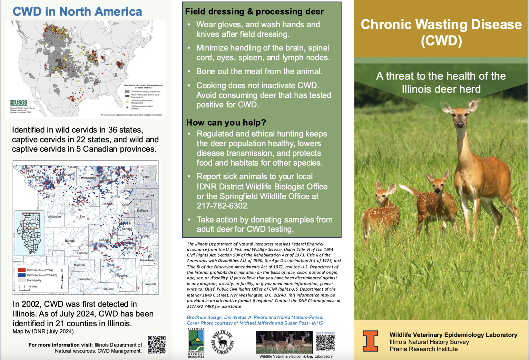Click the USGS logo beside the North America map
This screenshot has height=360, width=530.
tap(19, 103)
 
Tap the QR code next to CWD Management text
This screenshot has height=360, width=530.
tap(157, 344)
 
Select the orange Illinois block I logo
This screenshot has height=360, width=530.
tap(370, 341)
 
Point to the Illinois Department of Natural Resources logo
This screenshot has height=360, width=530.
tap(196, 343)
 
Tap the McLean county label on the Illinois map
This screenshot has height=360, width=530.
tap(109, 289)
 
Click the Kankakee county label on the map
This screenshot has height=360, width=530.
tap(147, 260)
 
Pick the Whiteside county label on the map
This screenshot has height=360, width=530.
tap(54, 217)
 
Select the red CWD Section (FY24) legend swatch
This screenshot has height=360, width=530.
tap(22, 270)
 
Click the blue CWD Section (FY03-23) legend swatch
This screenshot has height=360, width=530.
tap(22, 275)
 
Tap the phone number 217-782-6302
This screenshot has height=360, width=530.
tap(223, 206)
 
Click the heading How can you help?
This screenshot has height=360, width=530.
tap(226, 123)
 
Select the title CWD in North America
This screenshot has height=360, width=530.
tap(77, 12)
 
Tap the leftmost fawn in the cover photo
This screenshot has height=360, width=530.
tap(382, 211)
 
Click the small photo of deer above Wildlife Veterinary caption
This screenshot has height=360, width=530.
tap(284, 342)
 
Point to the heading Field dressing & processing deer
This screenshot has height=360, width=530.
tap(254, 12)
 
